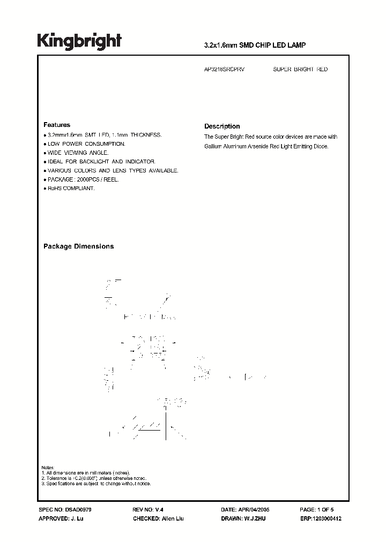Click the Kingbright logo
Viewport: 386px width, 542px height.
[79, 41]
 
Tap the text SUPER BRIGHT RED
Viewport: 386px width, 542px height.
[300, 70]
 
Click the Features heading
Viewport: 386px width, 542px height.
[56, 125]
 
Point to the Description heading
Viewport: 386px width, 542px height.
[222, 126]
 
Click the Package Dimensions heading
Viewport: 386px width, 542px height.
[78, 246]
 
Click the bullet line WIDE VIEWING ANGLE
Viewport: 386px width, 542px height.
[79, 153]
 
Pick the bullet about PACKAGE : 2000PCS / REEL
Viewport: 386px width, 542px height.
[83, 179]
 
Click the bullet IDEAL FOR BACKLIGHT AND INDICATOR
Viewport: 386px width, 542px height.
[100, 162]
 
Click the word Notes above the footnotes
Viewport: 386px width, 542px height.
[48, 468]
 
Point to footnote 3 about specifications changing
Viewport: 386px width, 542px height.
[96, 484]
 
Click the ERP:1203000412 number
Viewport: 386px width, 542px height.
[321, 519]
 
